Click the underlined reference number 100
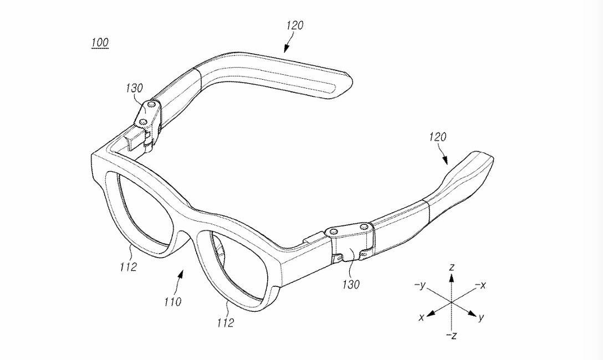(100, 43)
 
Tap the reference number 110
(172, 302)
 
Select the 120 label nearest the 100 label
(295, 25)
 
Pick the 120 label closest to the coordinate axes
(437, 137)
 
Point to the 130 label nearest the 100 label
(134, 88)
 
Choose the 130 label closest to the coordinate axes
(351, 285)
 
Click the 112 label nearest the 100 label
(128, 267)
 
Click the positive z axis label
(452, 268)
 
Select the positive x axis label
(422, 317)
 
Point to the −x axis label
(481, 285)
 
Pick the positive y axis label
(482, 318)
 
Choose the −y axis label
(420, 285)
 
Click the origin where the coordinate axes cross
(452, 302)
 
